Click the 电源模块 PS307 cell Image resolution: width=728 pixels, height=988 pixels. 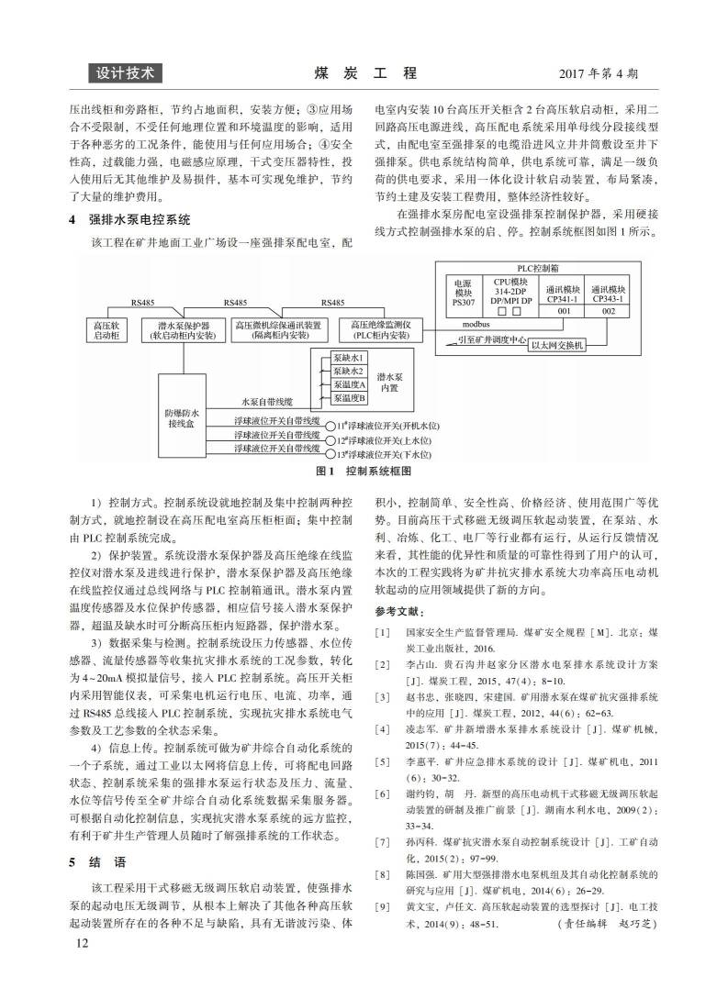coord(461,292)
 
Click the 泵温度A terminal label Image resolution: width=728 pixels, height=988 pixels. coord(349,384)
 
